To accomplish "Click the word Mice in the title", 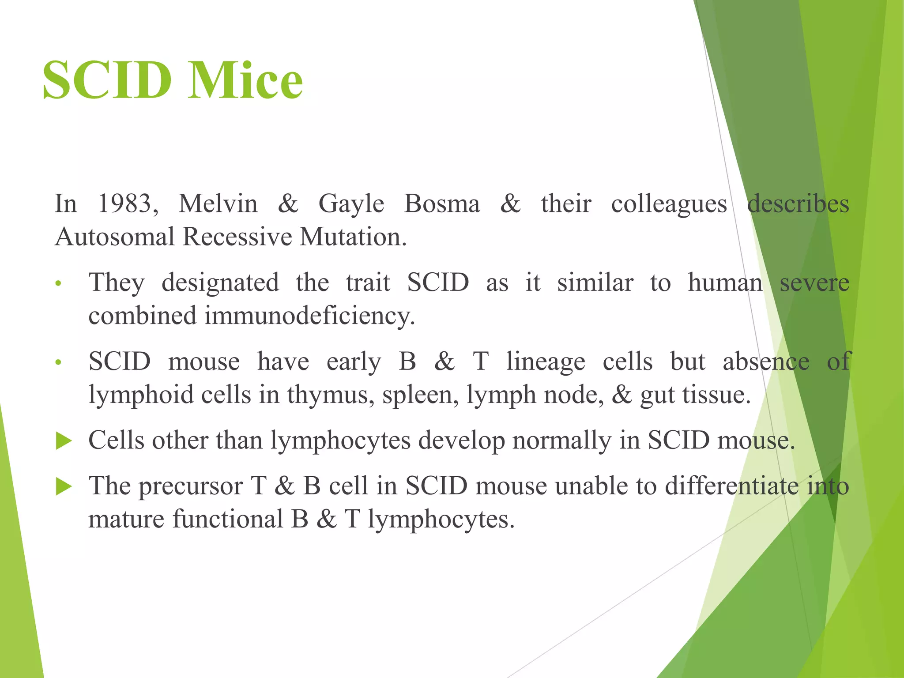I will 245,81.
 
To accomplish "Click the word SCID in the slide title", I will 107,81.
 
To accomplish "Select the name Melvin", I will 218,204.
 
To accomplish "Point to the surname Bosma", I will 442,204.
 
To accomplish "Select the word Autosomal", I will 115,237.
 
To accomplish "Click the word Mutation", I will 353,237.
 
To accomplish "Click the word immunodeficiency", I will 309,316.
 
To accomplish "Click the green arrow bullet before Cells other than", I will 64,441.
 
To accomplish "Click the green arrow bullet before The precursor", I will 64,487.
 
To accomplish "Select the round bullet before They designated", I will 58,284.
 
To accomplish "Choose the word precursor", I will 191,487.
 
